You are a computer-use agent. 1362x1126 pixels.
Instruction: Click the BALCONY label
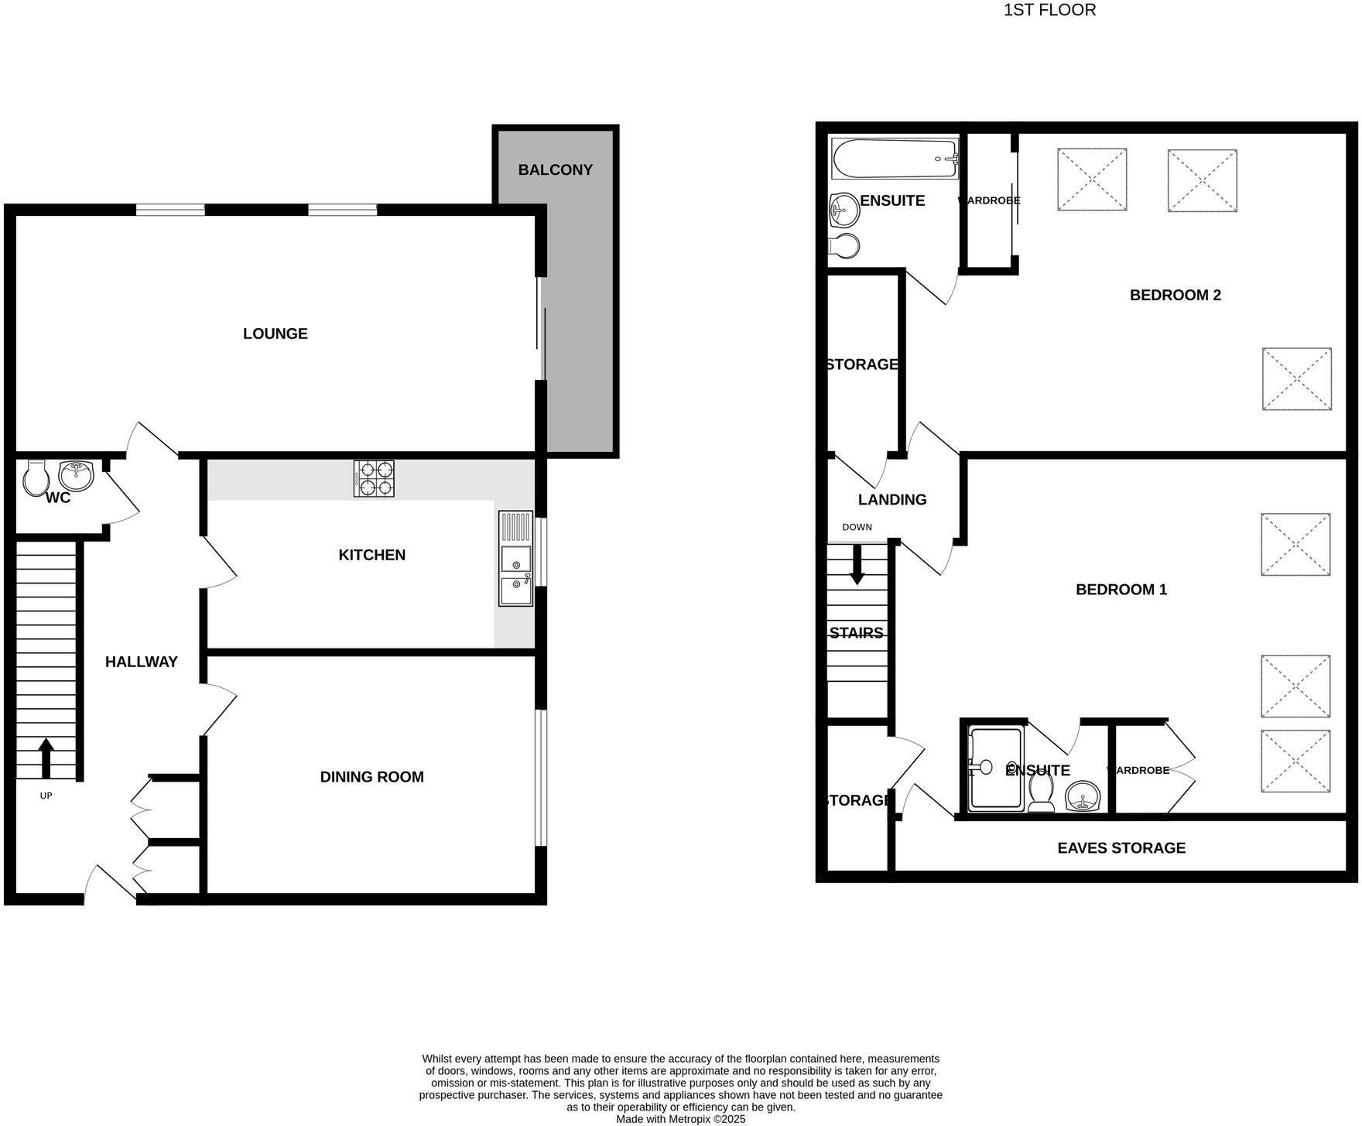pos(555,169)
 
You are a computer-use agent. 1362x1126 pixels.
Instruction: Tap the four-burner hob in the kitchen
pos(374,478)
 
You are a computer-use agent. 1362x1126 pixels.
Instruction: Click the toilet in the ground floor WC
pos(35,478)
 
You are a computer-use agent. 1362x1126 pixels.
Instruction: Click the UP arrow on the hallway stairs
pos(46,758)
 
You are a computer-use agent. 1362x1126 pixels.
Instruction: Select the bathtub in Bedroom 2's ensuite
pos(894,158)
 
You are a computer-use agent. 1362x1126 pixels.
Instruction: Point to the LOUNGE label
pos(275,334)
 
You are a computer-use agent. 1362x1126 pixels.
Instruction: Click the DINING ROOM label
pos(371,777)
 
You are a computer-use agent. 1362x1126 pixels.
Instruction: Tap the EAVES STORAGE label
pos(1121,848)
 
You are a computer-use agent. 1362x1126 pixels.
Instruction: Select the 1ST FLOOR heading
pos(1049,10)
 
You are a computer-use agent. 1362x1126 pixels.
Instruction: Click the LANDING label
pos(891,500)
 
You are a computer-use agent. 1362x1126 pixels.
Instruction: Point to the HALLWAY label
pos(141,662)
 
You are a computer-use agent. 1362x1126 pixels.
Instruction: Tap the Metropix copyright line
pos(680,1119)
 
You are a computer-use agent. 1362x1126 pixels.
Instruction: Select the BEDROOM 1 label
pos(1121,590)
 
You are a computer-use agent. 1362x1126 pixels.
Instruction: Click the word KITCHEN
pos(371,555)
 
